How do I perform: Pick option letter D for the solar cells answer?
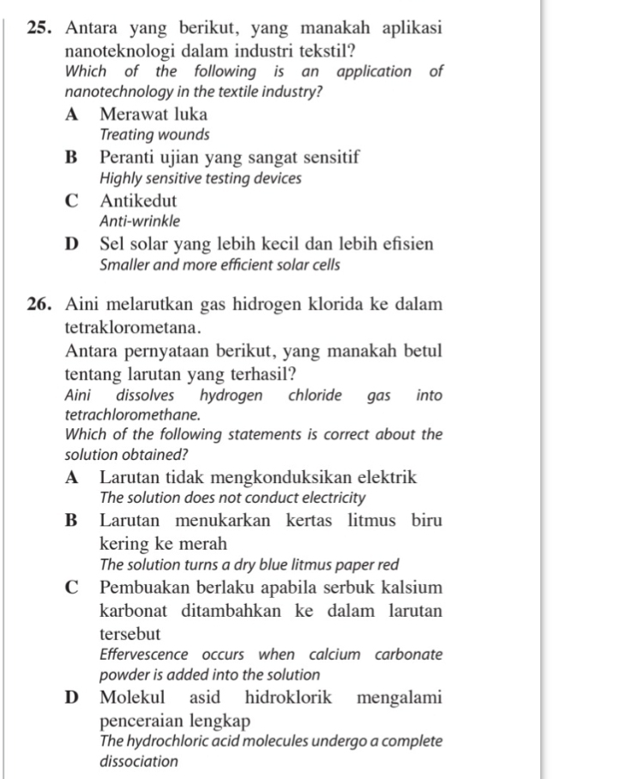point(73,245)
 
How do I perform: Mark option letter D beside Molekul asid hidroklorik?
point(73,697)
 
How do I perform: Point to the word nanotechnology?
point(113,91)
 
